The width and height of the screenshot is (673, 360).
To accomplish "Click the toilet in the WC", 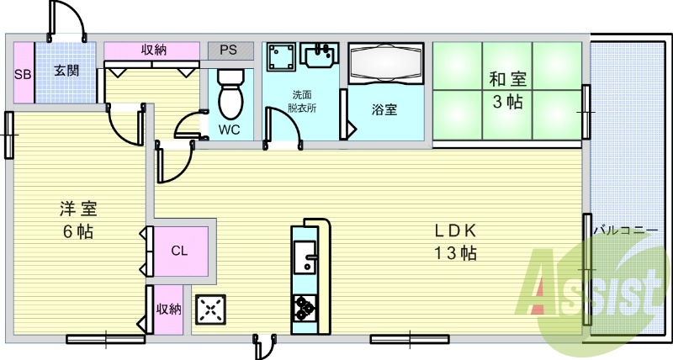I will click(229, 95).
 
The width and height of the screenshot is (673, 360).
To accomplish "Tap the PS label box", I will click(229, 50).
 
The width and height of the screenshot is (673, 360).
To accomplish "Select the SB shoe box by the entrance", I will click(23, 73).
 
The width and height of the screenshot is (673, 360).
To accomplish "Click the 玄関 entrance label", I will click(66, 71).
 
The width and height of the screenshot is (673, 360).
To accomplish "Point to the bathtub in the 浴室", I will click(385, 65).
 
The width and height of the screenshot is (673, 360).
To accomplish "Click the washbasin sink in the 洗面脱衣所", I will click(319, 56).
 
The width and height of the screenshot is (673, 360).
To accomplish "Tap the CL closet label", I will click(179, 250).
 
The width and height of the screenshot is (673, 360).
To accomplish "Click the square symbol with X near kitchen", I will click(210, 310).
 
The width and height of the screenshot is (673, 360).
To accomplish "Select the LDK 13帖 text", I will click(456, 241).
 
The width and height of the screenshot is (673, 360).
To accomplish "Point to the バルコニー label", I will click(624, 228).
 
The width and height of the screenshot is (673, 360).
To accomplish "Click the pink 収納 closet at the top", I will click(153, 50).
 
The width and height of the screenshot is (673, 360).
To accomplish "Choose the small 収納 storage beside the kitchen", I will click(168, 309).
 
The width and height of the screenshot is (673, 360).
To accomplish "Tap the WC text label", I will click(228, 130).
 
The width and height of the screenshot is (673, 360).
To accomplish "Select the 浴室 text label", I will click(385, 109).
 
